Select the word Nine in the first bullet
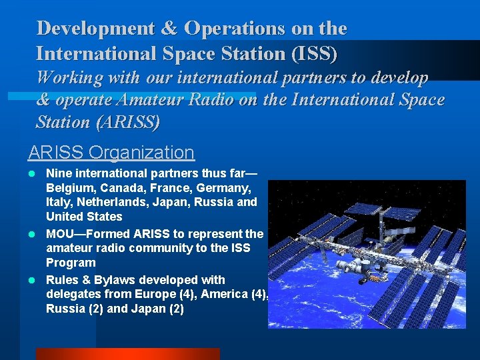tap(57, 173)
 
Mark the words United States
tap(84, 217)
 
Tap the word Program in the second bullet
tap(71, 263)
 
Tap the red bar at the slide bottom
tap(127, 354)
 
